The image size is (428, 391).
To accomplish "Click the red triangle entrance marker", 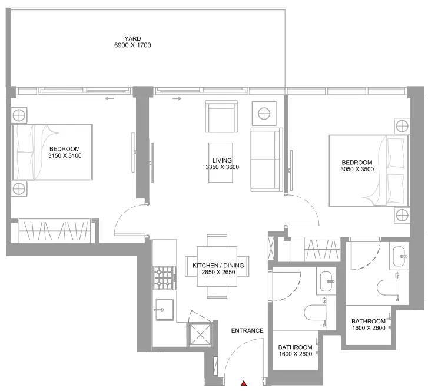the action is (x=244, y=383).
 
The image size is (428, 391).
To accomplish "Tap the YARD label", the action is (x=132, y=38).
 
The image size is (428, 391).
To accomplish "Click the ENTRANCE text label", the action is (x=247, y=331).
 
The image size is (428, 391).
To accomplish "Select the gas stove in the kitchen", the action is (x=165, y=278).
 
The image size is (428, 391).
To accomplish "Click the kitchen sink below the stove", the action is (x=165, y=309).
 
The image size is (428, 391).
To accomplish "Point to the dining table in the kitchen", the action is (x=217, y=266).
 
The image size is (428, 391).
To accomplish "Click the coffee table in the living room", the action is (x=221, y=163).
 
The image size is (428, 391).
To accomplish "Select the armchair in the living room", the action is (x=221, y=117).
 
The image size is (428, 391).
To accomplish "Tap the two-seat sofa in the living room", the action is (x=267, y=160).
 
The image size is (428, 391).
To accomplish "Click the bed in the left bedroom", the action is (x=52, y=152).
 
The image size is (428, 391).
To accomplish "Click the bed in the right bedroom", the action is (x=369, y=171).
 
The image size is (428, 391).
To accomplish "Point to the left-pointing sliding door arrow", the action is (x=110, y=98).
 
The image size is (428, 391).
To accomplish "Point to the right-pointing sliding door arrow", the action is (x=177, y=98).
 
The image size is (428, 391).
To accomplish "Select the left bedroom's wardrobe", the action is (x=55, y=230).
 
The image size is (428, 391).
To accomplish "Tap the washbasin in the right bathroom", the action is (x=400, y=256).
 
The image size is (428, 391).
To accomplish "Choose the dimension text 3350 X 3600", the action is (x=222, y=167).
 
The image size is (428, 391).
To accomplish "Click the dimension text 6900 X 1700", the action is (x=132, y=45).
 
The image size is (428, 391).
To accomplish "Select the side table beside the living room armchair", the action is (x=264, y=113).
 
